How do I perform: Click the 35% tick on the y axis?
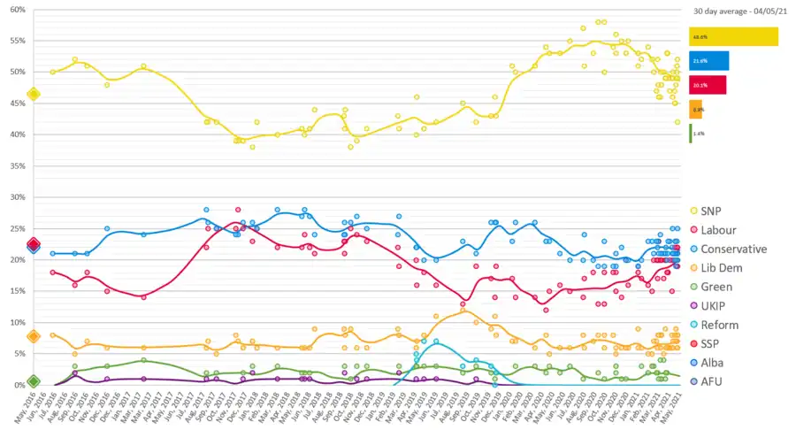pyautogui.click(x=17, y=165)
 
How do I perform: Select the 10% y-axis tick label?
pyautogui.click(x=17, y=322)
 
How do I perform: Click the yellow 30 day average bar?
pyautogui.click(x=733, y=36)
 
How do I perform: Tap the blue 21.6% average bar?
pyautogui.click(x=708, y=60)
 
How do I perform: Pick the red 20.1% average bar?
pyautogui.click(x=708, y=84)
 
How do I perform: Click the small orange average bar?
pyautogui.click(x=695, y=110)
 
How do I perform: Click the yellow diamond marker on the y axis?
pyautogui.click(x=34, y=94)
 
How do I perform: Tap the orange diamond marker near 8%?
pyautogui.click(x=34, y=336)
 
